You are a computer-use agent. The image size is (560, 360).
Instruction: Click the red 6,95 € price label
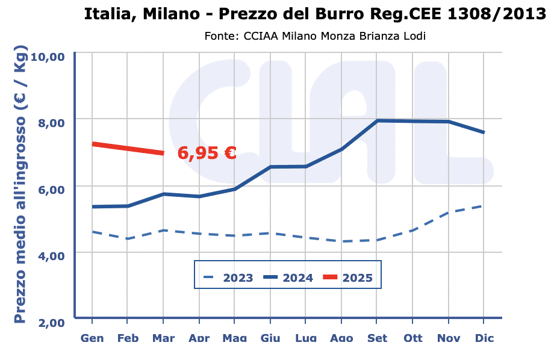207,153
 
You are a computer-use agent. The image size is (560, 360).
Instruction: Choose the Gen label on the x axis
92,338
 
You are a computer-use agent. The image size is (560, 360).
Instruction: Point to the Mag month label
234,338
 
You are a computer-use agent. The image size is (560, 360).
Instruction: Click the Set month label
377,338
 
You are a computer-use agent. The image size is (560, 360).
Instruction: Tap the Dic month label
484,338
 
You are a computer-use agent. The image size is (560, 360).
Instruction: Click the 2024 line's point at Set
377,120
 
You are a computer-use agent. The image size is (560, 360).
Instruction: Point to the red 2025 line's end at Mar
163,153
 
